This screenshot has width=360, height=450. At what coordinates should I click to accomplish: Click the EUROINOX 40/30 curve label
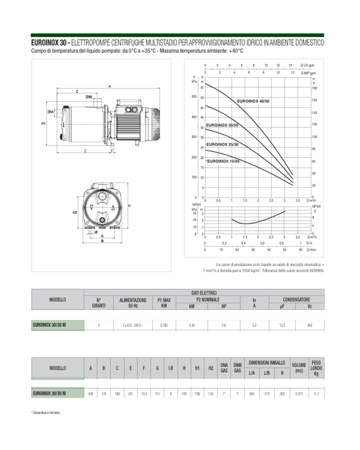click(253, 101)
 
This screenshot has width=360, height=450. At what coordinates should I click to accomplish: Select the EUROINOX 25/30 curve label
click(222, 144)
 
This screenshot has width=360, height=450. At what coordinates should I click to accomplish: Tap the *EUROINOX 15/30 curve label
click(222, 161)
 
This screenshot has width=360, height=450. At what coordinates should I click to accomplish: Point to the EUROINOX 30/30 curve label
click(222, 125)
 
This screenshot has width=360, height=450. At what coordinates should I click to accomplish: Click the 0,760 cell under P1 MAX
click(164, 325)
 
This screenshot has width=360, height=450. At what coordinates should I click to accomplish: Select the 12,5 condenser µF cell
click(282, 325)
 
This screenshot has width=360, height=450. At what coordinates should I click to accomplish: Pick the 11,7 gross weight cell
click(316, 394)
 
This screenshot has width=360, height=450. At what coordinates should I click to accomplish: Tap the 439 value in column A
click(91, 394)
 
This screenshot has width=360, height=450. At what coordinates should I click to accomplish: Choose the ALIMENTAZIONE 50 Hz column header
click(133, 303)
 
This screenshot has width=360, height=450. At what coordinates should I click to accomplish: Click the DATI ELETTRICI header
click(204, 293)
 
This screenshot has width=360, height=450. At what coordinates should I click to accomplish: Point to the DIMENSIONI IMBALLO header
click(267, 363)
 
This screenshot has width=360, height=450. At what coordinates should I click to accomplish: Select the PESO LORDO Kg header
click(316, 368)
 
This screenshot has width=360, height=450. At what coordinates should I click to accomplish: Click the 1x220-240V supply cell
click(133, 325)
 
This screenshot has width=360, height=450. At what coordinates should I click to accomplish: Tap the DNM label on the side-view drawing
click(89, 97)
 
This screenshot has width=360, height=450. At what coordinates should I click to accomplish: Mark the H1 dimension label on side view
click(43, 123)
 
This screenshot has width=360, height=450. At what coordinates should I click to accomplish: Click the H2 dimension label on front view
click(75, 212)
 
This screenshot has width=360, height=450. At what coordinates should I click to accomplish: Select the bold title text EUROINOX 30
click(49, 43)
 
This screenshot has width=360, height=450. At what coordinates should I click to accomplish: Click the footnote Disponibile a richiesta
click(46, 413)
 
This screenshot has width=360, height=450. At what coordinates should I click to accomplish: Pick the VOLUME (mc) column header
click(299, 368)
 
